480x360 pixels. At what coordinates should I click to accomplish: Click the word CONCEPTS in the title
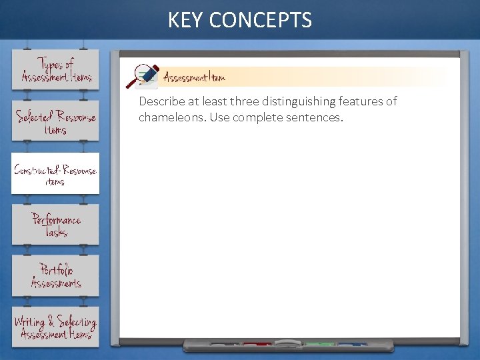260,20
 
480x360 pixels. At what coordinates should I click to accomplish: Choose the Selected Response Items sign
55,121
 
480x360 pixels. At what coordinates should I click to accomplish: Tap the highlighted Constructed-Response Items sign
55,174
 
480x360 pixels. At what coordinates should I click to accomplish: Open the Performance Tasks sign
55,225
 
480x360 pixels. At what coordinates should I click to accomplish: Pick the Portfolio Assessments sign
55,276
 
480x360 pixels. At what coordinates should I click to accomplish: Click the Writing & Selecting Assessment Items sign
55,327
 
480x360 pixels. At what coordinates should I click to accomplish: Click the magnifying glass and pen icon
145,76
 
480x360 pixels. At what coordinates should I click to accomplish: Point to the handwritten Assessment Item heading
195,77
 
